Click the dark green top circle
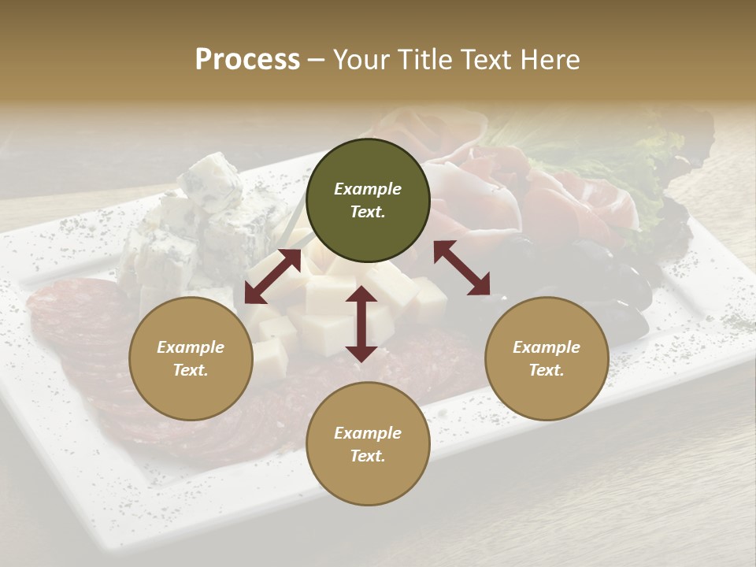[368, 200]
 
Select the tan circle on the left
[191, 358]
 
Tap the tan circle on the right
[547, 358]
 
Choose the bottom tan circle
[368, 444]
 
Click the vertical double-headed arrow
[361, 324]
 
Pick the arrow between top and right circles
[461, 268]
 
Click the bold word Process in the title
[247, 59]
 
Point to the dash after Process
[317, 59]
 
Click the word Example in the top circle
[368, 189]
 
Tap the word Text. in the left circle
[191, 370]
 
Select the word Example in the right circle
[547, 347]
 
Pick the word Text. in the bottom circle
[368, 456]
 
